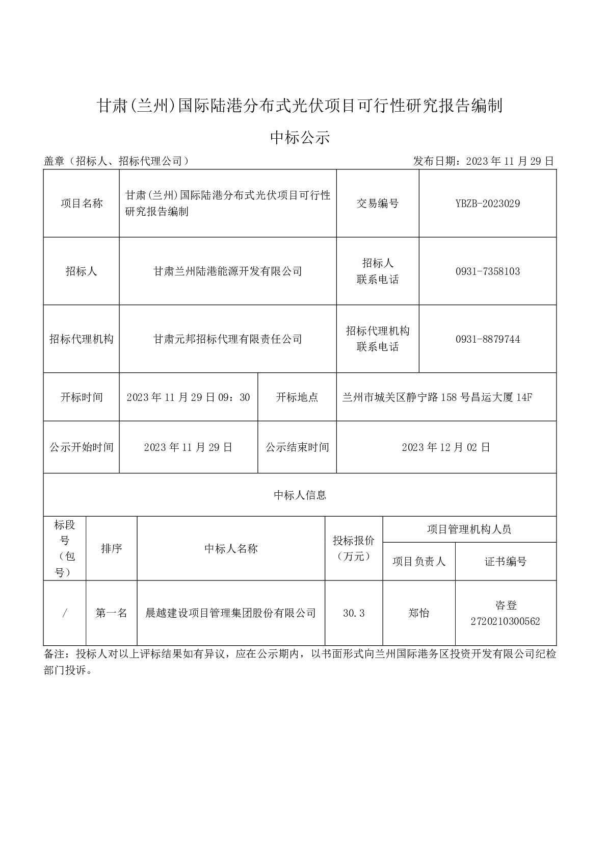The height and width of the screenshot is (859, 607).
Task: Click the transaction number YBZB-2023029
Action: click(x=487, y=204)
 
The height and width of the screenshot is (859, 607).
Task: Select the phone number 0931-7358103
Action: click(x=487, y=271)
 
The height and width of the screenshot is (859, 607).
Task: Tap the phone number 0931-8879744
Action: click(x=487, y=339)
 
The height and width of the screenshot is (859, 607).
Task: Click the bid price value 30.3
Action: click(x=354, y=613)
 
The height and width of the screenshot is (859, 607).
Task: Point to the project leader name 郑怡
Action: click(x=419, y=613)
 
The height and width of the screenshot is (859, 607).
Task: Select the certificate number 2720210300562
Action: click(x=506, y=621)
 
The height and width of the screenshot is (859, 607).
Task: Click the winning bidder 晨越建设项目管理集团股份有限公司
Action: click(x=231, y=613)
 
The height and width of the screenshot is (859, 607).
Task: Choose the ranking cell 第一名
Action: click(x=111, y=613)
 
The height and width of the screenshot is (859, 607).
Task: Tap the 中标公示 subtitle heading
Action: click(x=300, y=137)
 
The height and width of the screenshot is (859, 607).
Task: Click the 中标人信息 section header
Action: click(x=300, y=495)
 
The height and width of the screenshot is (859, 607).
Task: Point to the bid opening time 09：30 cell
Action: click(x=188, y=397)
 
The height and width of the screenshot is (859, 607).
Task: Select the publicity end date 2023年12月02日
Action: click(x=446, y=447)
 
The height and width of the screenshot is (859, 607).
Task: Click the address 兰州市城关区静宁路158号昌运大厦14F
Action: click(x=437, y=397)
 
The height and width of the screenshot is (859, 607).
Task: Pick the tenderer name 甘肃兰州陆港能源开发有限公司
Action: click(x=228, y=271)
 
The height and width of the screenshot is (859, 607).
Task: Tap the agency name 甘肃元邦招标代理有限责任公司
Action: click(x=228, y=339)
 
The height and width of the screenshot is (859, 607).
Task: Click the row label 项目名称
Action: click(x=82, y=204)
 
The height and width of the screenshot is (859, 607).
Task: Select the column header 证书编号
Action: click(x=506, y=562)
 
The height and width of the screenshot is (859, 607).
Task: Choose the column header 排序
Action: click(x=111, y=549)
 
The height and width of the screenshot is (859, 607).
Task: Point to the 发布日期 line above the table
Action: click(x=483, y=162)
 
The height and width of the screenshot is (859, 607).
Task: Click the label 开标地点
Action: click(x=297, y=397)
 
